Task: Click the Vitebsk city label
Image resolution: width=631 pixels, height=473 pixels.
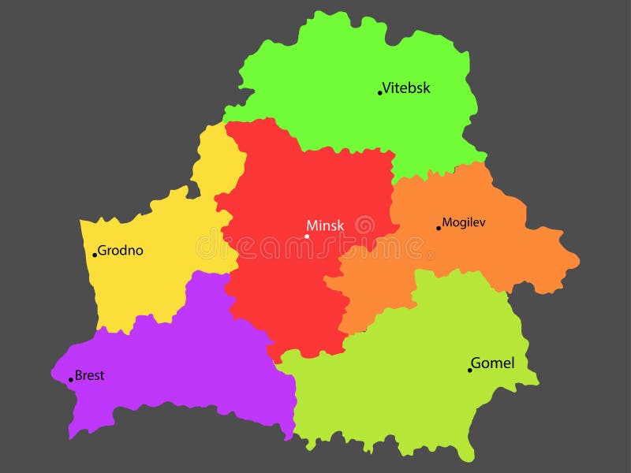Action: (x=406, y=88)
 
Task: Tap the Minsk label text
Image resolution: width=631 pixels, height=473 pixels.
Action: (x=326, y=225)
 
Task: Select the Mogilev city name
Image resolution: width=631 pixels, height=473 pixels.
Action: (x=464, y=222)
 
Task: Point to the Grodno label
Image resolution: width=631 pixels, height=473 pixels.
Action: (x=121, y=251)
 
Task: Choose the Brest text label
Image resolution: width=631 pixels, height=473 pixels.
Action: (x=89, y=375)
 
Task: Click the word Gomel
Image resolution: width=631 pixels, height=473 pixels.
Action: (x=492, y=363)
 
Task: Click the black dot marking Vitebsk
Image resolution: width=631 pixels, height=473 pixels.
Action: (x=379, y=93)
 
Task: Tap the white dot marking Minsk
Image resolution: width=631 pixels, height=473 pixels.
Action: (x=307, y=236)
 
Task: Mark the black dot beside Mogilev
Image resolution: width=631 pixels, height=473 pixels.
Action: (x=439, y=229)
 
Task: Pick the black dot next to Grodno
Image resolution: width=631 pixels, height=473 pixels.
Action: (x=95, y=255)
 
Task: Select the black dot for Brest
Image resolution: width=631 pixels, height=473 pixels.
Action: (x=70, y=380)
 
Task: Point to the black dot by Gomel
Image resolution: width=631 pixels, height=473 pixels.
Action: (x=469, y=370)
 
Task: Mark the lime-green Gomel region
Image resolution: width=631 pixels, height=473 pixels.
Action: (x=410, y=378)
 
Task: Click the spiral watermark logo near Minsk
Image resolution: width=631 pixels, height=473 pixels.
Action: (x=364, y=225)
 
